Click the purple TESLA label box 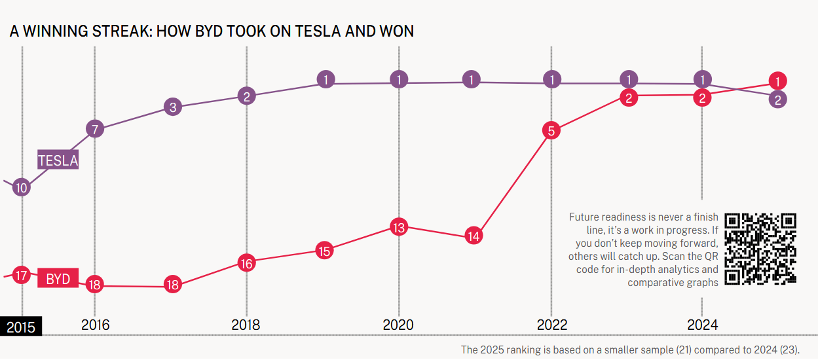pos(58,160)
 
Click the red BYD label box pos(58,279)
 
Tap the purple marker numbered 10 pos(22,188)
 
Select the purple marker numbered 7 pos(95,129)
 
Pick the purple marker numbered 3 pos(172,107)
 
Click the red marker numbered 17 pos(22,275)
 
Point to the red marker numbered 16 pos(246,264)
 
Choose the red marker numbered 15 pos(324,250)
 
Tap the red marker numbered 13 pos(399,227)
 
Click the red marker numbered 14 pos(474,235)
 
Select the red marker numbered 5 pos(551,131)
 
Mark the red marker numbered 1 pos(777,82)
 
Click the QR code pos(760,249)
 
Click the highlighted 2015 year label pos(21,327)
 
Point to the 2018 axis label pos(246,325)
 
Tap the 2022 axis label pos(551,325)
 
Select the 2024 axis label pos(702,325)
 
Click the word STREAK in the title pos(117,31)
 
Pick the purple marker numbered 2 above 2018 pos(246,96)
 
